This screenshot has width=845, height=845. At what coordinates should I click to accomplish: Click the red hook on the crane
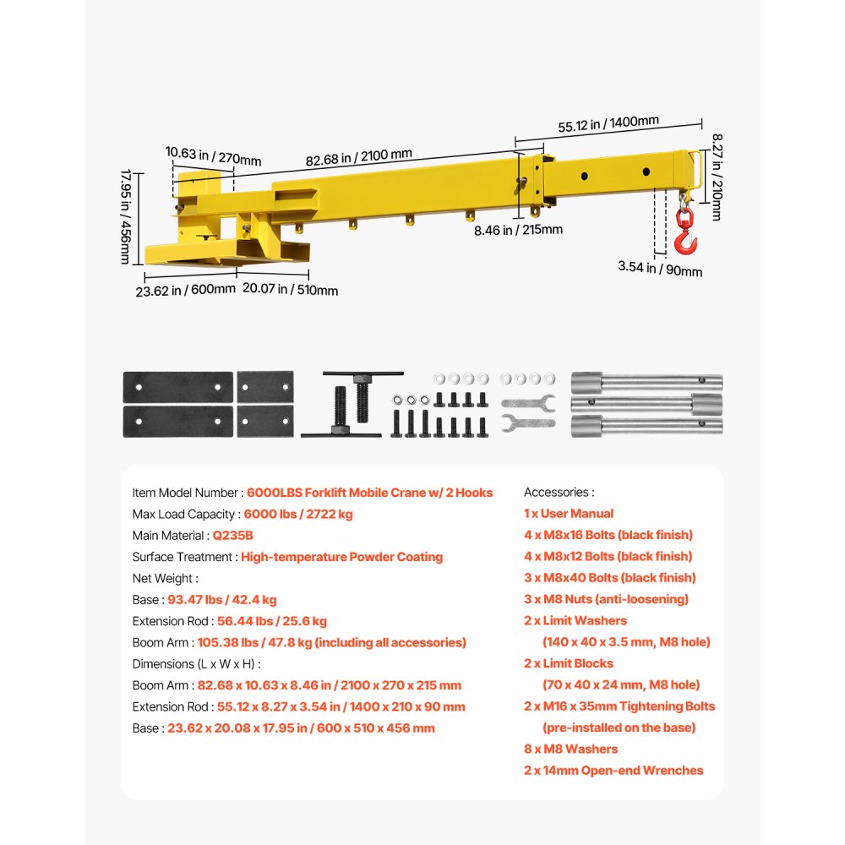tap(685, 237)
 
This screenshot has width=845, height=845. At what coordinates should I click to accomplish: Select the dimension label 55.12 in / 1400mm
tap(608, 123)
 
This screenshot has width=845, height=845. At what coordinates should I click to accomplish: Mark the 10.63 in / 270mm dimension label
tap(213, 155)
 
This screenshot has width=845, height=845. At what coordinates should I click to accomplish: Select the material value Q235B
tap(233, 535)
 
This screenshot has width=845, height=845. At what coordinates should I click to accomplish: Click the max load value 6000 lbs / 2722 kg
tap(298, 514)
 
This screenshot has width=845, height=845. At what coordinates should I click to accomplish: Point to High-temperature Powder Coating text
tap(341, 557)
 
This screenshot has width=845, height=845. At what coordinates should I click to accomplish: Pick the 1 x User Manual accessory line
tap(569, 514)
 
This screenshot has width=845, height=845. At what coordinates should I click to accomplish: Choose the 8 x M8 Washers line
tap(570, 749)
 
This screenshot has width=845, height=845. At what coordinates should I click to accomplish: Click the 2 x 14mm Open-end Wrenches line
tap(613, 771)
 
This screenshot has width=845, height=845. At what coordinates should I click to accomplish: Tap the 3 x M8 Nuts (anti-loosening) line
tap(606, 599)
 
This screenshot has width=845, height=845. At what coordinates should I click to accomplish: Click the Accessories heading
tap(559, 492)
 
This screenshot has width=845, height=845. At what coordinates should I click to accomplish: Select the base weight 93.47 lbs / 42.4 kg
tap(222, 600)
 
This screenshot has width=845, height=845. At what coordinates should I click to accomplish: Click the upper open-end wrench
tap(527, 402)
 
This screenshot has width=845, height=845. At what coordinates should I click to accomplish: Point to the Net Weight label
tap(165, 579)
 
